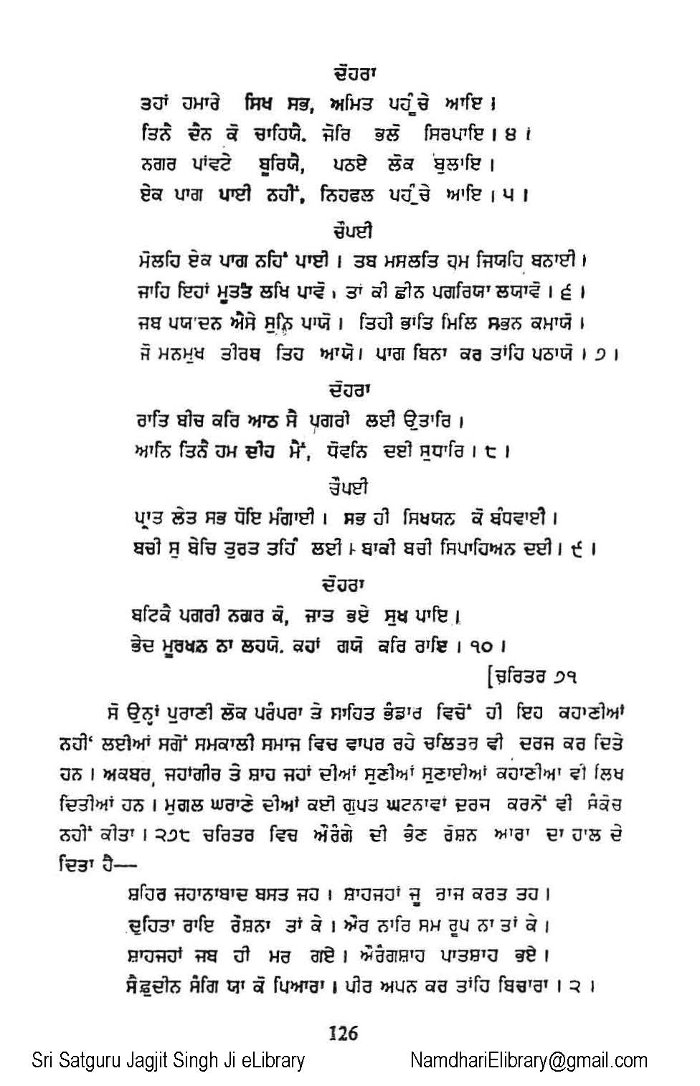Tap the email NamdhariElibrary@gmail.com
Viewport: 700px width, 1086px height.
pos(529,1061)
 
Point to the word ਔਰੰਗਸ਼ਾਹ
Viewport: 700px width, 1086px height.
pos(414,955)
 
